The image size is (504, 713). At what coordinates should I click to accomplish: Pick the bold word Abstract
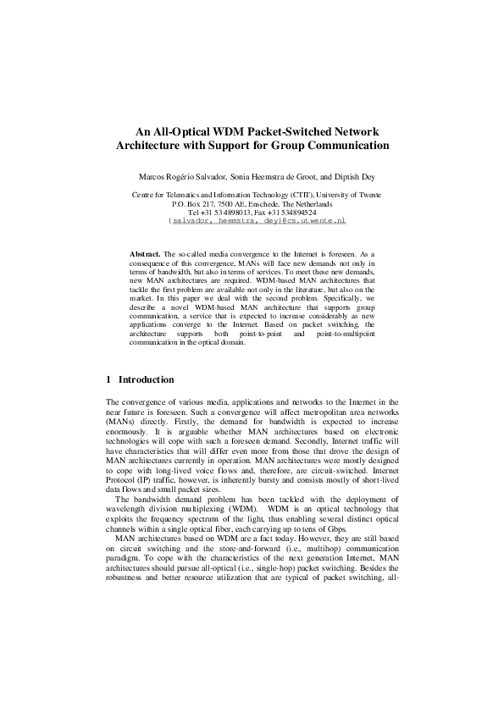point(145,254)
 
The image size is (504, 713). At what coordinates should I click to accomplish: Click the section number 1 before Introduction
point(108,379)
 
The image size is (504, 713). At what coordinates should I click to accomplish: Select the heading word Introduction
point(147,379)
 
